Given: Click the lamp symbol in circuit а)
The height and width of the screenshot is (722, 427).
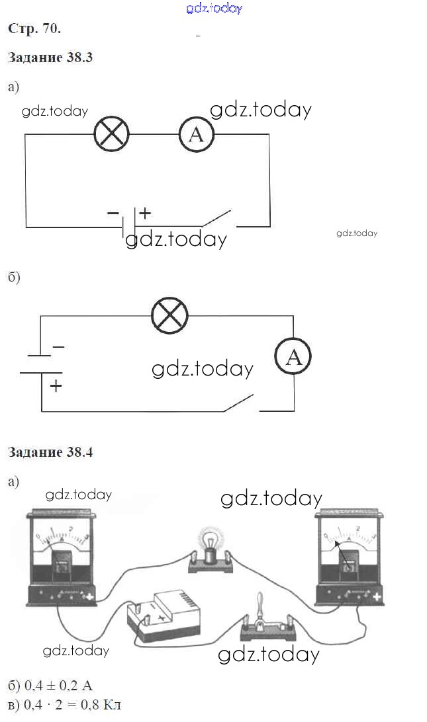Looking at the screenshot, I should pyautogui.click(x=111, y=134).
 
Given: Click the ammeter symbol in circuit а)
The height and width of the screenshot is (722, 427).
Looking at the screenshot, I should pyautogui.click(x=197, y=135).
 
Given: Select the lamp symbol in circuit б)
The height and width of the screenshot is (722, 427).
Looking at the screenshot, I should pyautogui.click(x=169, y=315).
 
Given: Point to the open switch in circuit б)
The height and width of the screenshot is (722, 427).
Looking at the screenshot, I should pyautogui.click(x=240, y=403).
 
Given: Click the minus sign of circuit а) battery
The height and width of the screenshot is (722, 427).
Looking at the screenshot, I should pyautogui.click(x=113, y=214).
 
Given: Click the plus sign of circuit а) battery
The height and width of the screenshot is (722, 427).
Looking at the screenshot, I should pyautogui.click(x=145, y=214).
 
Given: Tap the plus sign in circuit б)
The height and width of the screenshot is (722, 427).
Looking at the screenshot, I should pyautogui.click(x=56, y=385).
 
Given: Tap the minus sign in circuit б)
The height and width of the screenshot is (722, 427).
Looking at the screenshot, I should pyautogui.click(x=58, y=346).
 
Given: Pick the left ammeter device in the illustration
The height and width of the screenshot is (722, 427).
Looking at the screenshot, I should pyautogui.click(x=62, y=556).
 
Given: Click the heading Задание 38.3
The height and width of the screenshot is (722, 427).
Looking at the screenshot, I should pyautogui.click(x=50, y=58).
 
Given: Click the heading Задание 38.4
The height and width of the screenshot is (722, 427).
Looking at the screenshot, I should pyautogui.click(x=50, y=453).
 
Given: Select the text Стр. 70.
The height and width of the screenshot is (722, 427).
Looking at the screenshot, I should pyautogui.click(x=34, y=28).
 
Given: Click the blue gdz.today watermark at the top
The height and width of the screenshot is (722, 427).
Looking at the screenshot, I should pyautogui.click(x=214, y=8).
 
